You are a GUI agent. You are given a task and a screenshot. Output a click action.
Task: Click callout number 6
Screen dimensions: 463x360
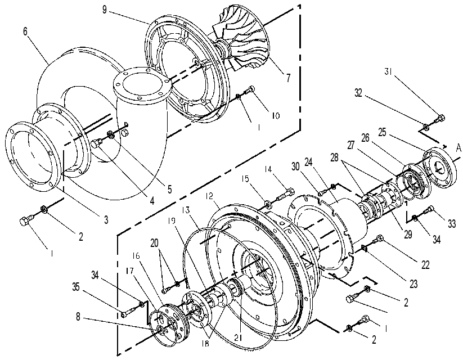coord(25,31)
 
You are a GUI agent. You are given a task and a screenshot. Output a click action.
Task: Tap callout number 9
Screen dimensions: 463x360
coord(104,10)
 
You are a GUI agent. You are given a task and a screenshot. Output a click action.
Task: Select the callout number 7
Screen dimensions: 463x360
coord(288,78)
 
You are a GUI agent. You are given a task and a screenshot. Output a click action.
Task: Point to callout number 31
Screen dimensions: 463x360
coord(389,71)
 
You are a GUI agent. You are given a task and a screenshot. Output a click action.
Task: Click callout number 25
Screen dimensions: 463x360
coord(382,132)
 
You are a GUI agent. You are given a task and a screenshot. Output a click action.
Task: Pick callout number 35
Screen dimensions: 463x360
coord(76,286)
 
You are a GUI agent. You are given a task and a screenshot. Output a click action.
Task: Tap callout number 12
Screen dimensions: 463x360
coord(210,196)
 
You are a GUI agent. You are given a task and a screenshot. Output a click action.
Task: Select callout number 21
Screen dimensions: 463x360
coord(239,337)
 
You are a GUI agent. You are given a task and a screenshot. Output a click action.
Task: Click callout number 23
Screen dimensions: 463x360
coord(413,284)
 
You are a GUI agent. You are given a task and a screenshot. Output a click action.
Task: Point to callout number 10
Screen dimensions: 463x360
coord(275,115)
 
